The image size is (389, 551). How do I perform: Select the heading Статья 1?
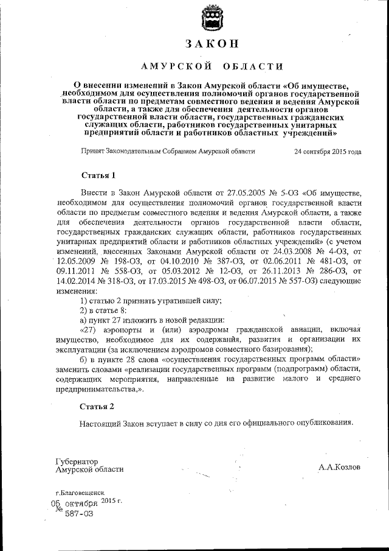pyautogui.click(x=97, y=176)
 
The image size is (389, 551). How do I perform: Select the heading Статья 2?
pyautogui.click(x=97, y=405)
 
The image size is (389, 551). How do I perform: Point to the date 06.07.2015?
pyautogui.click(x=286, y=282)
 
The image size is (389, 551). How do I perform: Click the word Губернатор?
pyautogui.click(x=76, y=462)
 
